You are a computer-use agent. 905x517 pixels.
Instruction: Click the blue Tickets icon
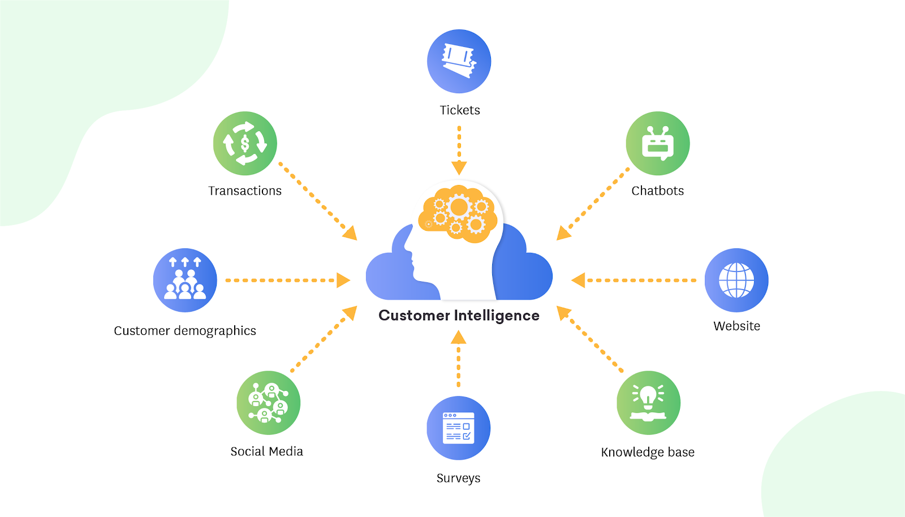coord(459,61)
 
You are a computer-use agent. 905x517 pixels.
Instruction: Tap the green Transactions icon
coord(245,143)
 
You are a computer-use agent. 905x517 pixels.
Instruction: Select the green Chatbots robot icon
coord(658,143)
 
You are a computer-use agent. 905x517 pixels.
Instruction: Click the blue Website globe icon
coord(736,280)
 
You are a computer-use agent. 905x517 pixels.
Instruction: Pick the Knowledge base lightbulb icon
coord(648,403)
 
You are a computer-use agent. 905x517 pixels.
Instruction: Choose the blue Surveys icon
coord(459,428)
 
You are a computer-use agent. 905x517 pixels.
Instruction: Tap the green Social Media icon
coord(268,403)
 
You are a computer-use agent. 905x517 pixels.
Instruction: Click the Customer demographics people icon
coord(185,280)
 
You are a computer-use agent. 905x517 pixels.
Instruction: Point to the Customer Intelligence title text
coord(459,316)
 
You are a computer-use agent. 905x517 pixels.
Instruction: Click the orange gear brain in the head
coord(458,213)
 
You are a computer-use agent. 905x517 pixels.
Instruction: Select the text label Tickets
coord(460,110)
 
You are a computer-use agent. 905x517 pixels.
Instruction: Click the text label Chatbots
coord(658,191)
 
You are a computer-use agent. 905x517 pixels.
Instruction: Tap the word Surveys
coord(459,479)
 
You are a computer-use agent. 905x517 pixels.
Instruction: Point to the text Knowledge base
coord(648,453)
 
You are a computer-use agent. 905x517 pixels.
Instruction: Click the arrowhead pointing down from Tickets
coord(459,167)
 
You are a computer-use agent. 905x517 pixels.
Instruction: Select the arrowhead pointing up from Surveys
coord(459,338)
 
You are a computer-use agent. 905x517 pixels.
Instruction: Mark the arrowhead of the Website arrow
coord(578,280)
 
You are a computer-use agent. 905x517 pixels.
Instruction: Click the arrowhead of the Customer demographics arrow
coord(343,280)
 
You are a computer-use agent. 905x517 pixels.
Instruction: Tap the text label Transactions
coord(245,191)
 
